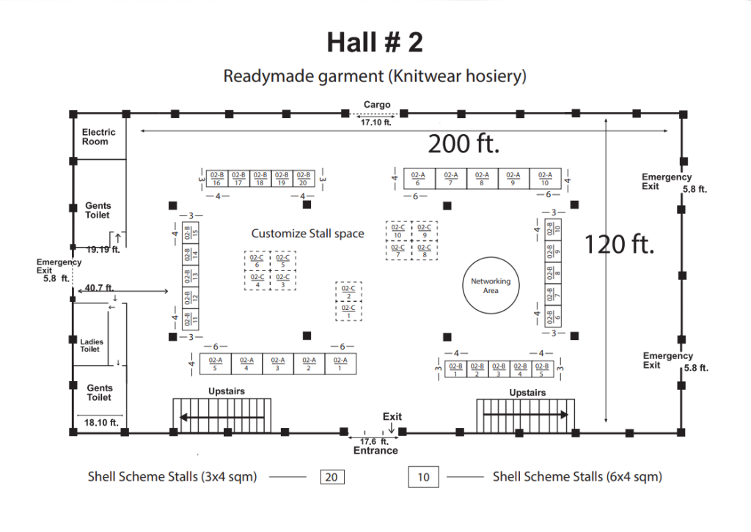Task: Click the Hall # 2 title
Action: [375, 43]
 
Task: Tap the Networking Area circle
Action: [491, 286]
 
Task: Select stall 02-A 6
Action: [418, 179]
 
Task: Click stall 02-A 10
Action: [545, 179]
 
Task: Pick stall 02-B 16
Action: [217, 179]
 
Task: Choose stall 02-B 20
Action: [304, 179]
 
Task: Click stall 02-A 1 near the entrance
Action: [340, 364]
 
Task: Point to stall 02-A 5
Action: [216, 364]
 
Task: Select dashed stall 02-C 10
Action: [398, 231]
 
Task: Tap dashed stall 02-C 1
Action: [349, 311]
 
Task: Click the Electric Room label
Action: [99, 137]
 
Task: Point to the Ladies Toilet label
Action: [92, 346]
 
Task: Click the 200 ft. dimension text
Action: [464, 144]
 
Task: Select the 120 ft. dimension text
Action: [618, 244]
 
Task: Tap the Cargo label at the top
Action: [377, 105]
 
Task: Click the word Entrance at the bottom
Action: [375, 451]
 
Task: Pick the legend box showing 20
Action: [331, 477]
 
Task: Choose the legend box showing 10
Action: [423, 478]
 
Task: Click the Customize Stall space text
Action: [308, 234]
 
